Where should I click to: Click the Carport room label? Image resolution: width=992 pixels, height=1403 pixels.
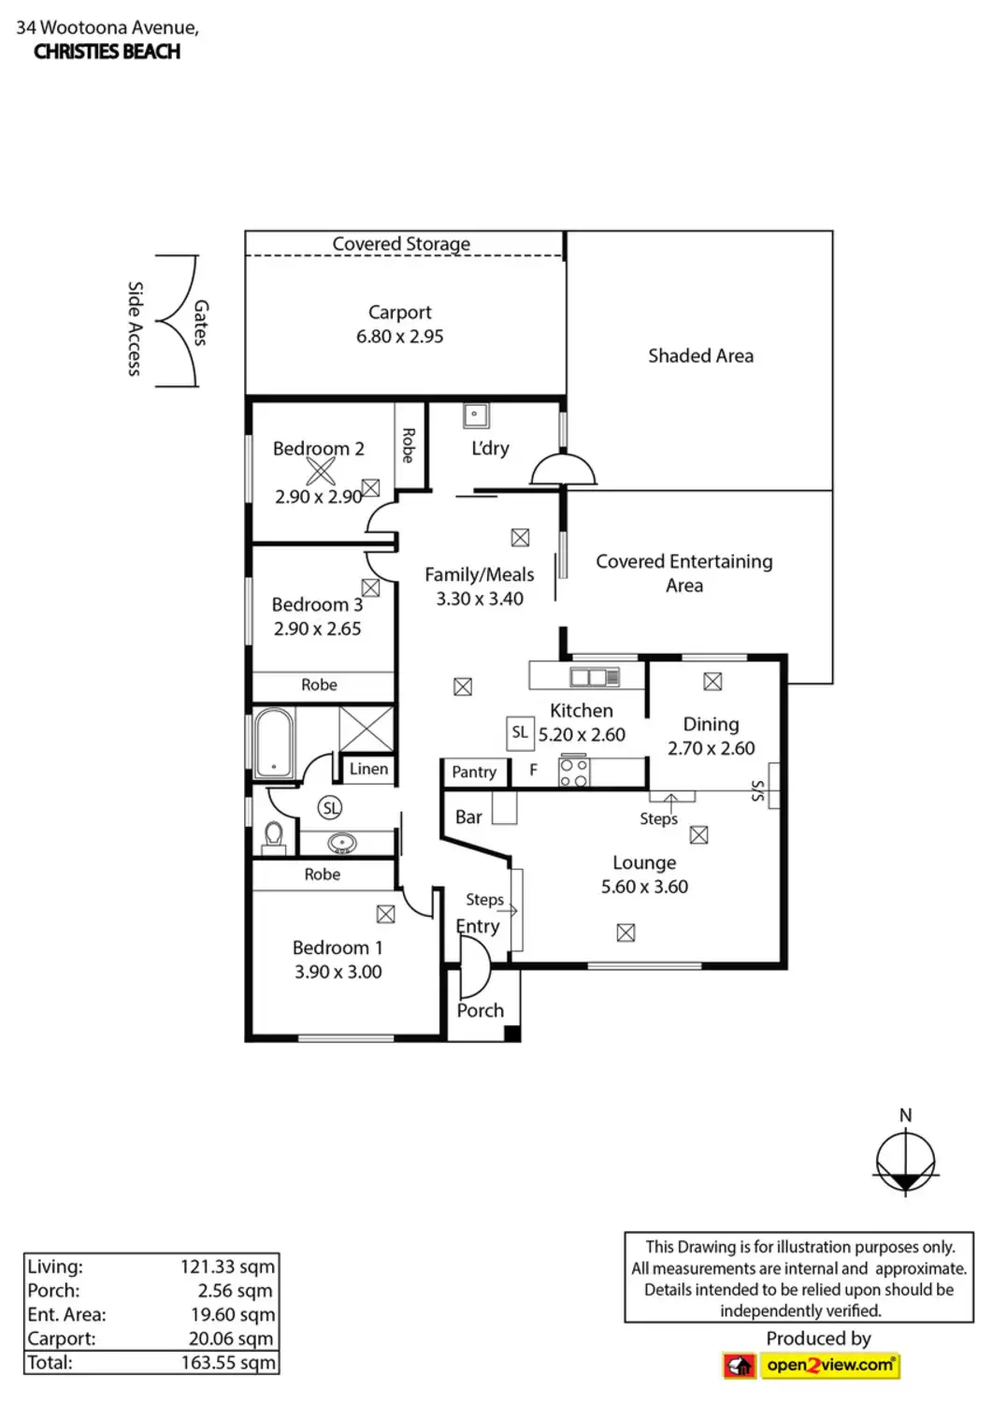point(399,312)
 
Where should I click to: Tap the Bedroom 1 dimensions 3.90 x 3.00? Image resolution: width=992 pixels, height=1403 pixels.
point(338,972)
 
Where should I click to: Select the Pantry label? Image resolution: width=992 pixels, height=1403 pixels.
point(474,772)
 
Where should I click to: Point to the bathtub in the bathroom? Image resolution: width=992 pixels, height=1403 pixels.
point(273,743)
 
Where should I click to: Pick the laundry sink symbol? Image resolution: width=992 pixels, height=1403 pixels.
point(476,415)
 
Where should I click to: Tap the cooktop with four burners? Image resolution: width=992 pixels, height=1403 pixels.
point(573,773)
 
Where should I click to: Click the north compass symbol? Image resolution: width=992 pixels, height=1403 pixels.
point(905,1163)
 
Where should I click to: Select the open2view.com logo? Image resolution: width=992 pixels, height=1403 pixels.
point(811,1366)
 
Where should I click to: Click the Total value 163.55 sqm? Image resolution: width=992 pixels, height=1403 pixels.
point(228,1363)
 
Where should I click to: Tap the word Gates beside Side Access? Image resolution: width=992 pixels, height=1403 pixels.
point(201,323)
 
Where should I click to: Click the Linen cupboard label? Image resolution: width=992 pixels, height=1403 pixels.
point(368,769)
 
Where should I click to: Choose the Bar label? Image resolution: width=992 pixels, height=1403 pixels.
point(468,817)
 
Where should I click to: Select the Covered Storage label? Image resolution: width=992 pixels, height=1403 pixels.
point(401,243)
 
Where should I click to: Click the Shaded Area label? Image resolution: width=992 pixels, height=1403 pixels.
point(700,355)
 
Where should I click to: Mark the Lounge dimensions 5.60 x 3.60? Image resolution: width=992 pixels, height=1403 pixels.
point(644,887)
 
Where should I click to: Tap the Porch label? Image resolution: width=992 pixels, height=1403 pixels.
point(481,1010)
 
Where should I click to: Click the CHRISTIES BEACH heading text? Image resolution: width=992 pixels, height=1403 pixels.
point(107,51)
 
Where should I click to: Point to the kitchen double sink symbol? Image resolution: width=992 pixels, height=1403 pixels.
point(595,675)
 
